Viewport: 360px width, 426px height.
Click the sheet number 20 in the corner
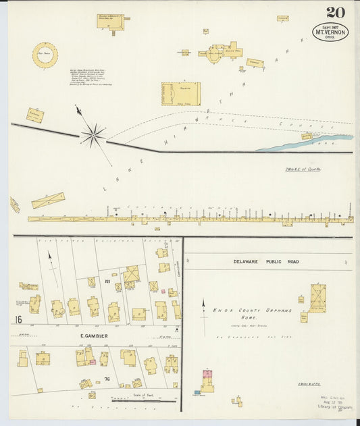[335, 11]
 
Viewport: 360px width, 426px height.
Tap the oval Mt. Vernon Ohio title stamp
[330, 32]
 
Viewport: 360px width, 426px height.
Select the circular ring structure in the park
[45, 56]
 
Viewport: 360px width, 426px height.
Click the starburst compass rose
[93, 136]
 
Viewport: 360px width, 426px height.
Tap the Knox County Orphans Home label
[253, 311]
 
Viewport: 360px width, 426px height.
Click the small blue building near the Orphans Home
[197, 392]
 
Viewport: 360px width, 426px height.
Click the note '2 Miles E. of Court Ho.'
[302, 169]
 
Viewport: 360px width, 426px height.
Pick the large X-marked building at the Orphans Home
[317, 297]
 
